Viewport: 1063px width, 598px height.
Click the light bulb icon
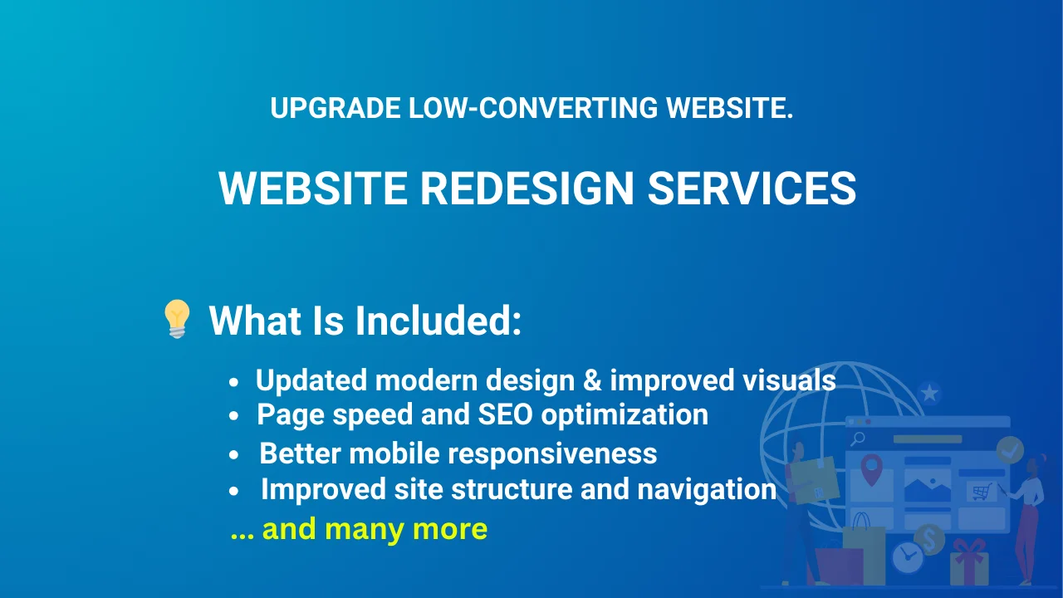tap(177, 319)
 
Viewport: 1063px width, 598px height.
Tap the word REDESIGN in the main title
tap(527, 188)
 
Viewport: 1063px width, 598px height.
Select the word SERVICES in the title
tap(752, 188)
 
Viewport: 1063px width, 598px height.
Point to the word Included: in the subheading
tap(438, 321)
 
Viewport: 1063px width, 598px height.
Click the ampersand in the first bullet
tap(592, 380)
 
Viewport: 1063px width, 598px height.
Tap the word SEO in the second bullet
tap(506, 414)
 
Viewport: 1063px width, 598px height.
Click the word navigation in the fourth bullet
tap(707, 489)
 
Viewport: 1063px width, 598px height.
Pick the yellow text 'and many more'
tap(375, 529)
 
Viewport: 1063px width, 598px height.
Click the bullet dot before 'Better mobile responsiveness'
tap(233, 454)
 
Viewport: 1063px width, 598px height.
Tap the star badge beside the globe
tap(929, 393)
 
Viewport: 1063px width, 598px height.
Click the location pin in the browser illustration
tap(871, 469)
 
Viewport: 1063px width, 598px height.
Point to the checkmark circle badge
tap(1010, 449)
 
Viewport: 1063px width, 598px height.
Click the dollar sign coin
tap(929, 539)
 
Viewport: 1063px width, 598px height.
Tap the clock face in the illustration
tap(908, 557)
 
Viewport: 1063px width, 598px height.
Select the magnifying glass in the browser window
tap(858, 439)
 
